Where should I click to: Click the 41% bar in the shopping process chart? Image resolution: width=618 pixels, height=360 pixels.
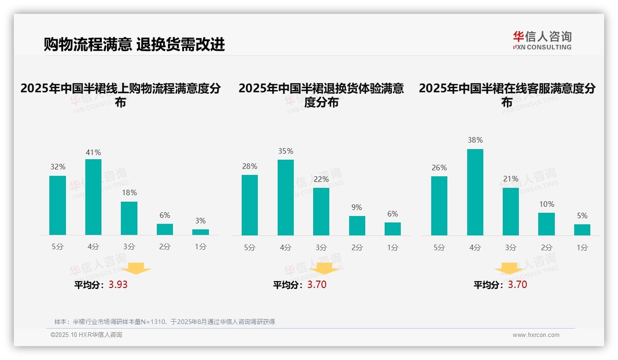(93, 197)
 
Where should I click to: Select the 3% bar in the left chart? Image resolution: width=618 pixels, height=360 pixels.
(201, 232)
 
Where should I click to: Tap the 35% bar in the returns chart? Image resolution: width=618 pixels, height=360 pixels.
(285, 198)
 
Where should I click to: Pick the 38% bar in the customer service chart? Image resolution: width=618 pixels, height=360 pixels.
(475, 192)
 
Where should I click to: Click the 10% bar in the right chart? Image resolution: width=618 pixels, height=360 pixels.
(547, 224)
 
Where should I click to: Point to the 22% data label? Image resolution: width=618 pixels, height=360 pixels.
(321, 179)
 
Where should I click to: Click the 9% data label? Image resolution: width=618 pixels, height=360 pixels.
(357, 208)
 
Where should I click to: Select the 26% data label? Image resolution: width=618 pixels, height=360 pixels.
(439, 168)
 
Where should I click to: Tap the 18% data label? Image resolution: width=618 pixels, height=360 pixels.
(129, 193)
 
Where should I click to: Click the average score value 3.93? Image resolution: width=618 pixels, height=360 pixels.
(118, 285)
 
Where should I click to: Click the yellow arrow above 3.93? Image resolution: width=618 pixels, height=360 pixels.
(136, 268)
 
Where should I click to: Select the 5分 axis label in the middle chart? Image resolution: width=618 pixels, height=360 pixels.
(250, 247)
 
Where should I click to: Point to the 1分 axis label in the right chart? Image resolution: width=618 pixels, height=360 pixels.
(582, 247)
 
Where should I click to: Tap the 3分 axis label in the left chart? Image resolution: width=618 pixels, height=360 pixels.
(129, 247)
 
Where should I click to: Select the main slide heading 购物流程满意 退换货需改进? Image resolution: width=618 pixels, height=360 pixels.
(134, 44)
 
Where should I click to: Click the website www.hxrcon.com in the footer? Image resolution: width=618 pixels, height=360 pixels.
(536, 335)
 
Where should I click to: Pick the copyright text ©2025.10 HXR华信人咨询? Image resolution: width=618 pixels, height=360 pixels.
(86, 335)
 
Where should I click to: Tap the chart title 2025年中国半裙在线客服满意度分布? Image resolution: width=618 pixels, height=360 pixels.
(507, 95)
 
